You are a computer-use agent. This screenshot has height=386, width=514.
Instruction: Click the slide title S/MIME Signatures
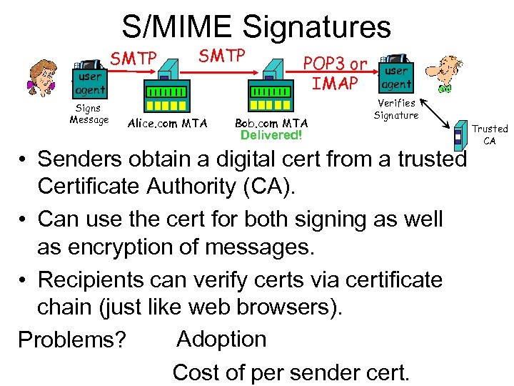256,27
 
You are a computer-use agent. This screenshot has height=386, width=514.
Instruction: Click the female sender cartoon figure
43,74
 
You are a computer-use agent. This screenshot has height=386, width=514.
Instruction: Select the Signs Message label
89,114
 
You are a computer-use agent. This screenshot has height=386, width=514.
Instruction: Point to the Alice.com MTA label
167,124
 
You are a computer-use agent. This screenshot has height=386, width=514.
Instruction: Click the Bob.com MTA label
271,124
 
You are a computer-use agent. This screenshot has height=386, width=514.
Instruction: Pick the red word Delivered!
271,135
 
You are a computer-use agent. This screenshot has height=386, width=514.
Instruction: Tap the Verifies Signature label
396,109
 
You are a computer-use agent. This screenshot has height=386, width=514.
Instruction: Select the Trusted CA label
490,134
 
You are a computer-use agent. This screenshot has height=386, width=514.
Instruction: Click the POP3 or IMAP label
336,74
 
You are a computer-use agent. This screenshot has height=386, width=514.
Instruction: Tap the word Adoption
221,338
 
